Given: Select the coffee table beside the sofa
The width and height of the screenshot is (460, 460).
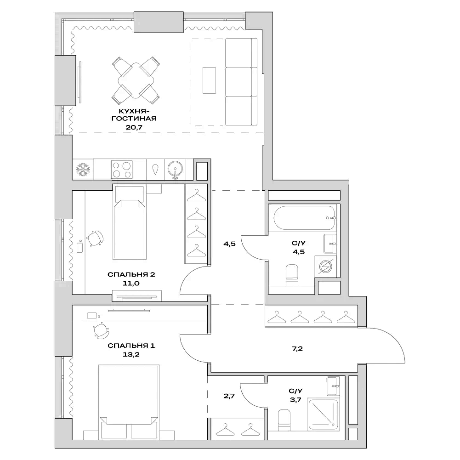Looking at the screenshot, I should tap(209, 81).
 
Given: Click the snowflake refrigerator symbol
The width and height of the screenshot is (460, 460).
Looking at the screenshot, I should tap(83, 170).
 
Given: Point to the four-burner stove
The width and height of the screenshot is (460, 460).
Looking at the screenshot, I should tap(122, 170).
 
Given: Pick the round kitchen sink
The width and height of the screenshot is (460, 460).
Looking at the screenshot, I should tap(175, 170).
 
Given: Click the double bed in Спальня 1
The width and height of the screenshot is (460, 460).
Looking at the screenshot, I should tap(129, 395).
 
